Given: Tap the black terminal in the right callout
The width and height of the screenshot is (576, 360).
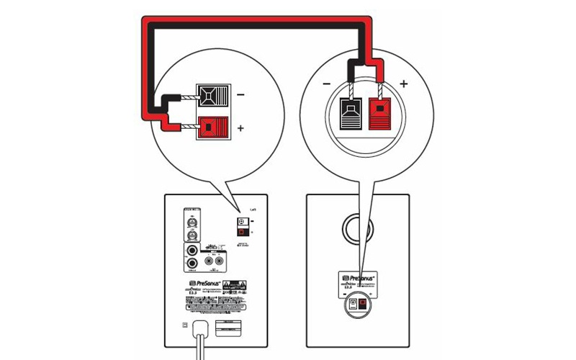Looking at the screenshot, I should click(x=349, y=112).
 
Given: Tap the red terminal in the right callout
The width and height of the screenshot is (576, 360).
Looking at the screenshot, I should click(x=379, y=112).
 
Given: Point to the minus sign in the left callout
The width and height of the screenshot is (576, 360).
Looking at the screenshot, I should click(x=240, y=94).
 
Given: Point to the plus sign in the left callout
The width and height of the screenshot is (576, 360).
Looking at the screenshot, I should click(x=240, y=129).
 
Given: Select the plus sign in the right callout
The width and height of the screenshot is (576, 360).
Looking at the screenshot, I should click(x=404, y=84).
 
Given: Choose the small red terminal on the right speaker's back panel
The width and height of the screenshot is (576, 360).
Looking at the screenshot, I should click(x=362, y=305).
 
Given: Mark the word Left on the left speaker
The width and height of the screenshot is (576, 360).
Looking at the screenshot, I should click(x=253, y=209).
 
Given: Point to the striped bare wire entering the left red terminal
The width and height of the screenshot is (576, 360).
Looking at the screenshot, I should click(x=187, y=127).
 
